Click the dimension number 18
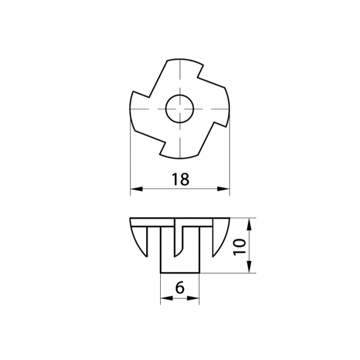tap(181, 179)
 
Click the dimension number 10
tap(239, 247)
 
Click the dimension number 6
tap(180, 288)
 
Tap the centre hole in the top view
tap(180, 109)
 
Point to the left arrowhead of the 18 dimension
tap(137, 189)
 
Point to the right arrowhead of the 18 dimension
tap(223, 189)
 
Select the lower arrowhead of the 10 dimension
tap(249, 267)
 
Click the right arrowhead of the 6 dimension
tap(193, 298)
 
